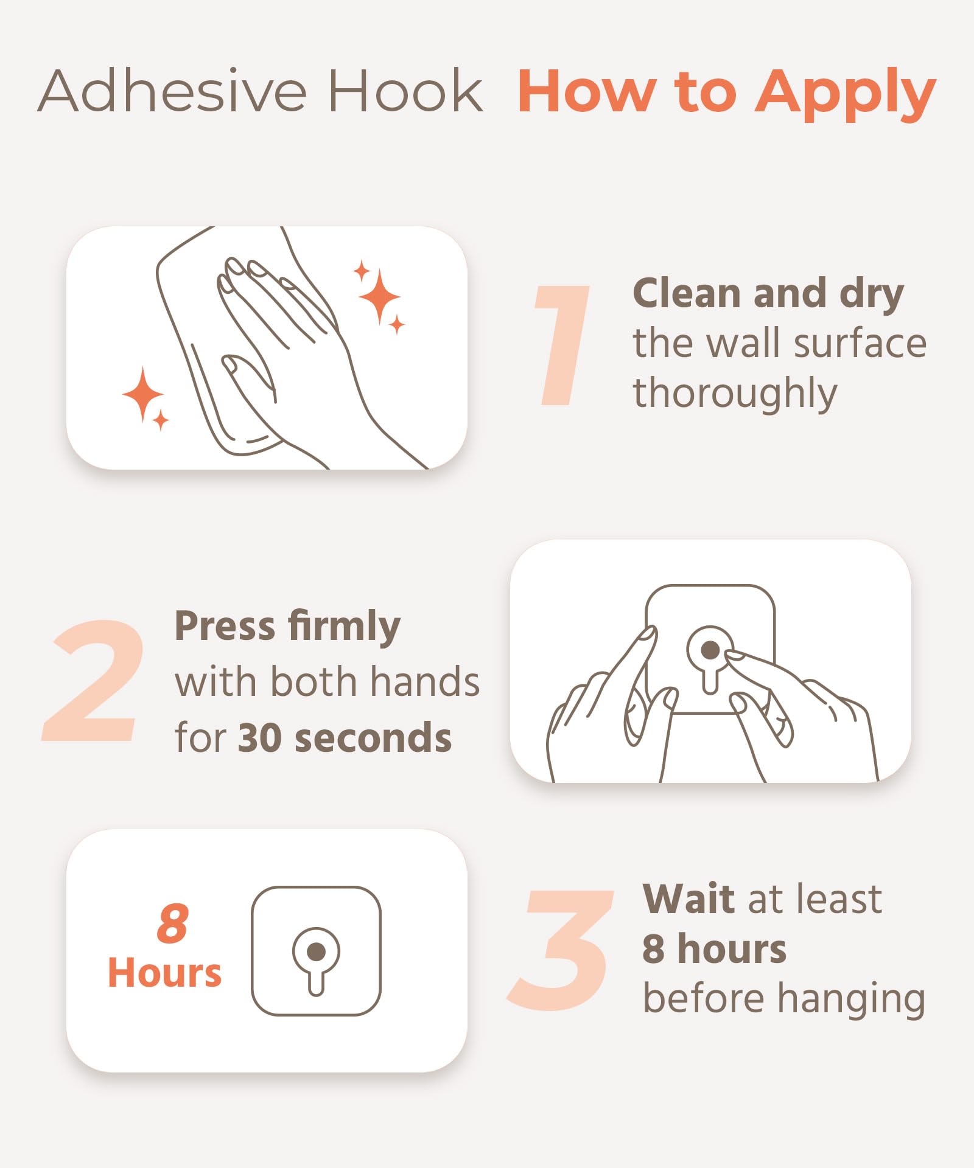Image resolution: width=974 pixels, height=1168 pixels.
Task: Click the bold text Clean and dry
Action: pos(768,295)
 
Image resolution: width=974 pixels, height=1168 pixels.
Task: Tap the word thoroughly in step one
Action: pos(735,394)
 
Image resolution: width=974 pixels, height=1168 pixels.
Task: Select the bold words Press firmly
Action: pos(287,627)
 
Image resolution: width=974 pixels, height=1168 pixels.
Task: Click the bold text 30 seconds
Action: pos(345,738)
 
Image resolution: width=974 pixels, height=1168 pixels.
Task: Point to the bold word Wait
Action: pos(690,899)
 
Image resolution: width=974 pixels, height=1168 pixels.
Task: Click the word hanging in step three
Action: pos(852,1001)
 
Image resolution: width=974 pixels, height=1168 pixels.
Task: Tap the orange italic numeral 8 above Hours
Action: pos(173,923)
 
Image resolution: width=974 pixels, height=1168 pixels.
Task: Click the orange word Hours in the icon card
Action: pos(164,973)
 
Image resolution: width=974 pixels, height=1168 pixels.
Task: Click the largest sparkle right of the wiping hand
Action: pos(379,296)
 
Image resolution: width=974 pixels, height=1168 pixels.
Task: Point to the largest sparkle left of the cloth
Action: pos(143,394)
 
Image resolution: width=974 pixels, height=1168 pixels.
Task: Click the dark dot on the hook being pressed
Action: pos(710,650)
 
